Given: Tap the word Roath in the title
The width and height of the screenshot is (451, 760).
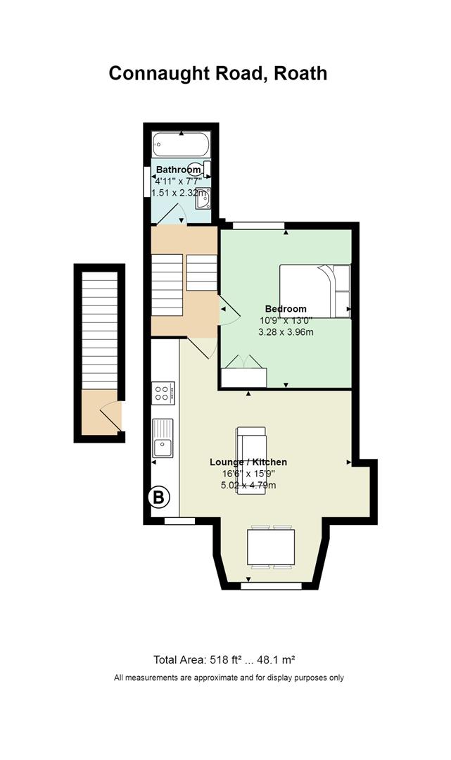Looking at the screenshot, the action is pos(300,72).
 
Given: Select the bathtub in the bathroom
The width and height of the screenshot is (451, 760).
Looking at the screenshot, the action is pos(182,144).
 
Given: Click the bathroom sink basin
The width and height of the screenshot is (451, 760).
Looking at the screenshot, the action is pos(203,198).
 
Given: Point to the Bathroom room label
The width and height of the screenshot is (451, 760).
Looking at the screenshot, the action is pos(178,170).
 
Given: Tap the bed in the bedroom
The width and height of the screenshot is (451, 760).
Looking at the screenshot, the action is pos(315,291).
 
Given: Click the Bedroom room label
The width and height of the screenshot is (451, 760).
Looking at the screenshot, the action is pos(286,309).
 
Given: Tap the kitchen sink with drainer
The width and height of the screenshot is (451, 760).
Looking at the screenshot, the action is pos(163,438).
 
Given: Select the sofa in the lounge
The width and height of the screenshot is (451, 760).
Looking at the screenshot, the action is pos(251,460).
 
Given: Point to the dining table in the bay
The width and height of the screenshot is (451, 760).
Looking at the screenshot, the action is pos(271,547).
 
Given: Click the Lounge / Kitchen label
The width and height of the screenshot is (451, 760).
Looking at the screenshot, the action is pos(248,462).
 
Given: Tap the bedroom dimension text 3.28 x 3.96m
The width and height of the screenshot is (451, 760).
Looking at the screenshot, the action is pos(286,332).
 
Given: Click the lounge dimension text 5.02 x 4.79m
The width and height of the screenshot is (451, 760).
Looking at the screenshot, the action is pos(248,485).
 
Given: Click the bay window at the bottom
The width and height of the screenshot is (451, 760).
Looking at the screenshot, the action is pos(271,586).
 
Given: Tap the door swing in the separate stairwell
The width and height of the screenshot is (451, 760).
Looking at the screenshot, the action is pos(110,415).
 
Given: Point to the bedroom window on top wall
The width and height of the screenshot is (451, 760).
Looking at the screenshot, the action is pos(258,225).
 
